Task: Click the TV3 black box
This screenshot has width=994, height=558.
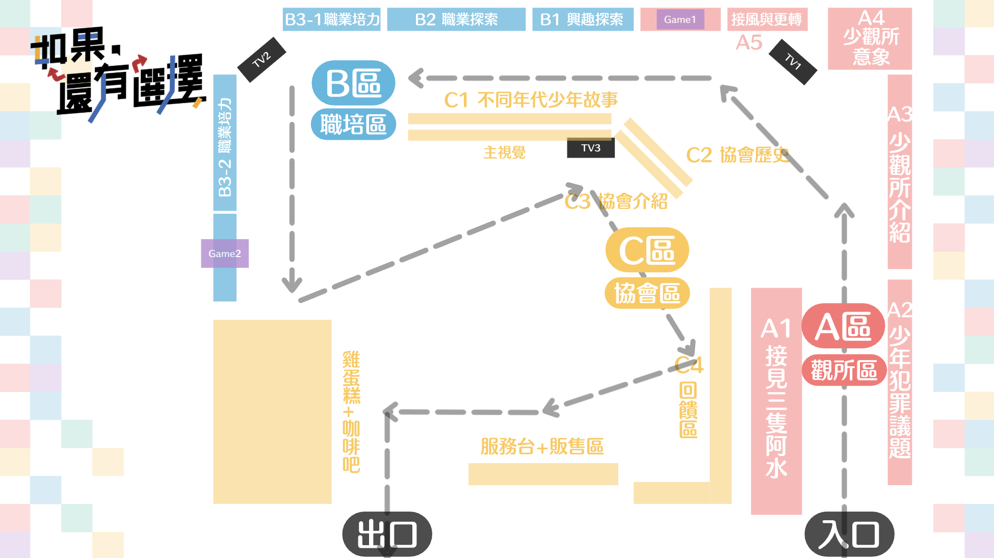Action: tap(590, 148)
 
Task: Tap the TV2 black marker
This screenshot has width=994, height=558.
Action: tap(261, 60)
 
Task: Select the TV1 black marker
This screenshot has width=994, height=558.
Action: tap(793, 62)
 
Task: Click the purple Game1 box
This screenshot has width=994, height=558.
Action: tap(680, 19)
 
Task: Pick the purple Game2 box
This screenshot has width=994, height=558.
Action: tap(224, 253)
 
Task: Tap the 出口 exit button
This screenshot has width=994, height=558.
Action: tap(387, 534)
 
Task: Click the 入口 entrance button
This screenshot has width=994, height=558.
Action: tap(849, 534)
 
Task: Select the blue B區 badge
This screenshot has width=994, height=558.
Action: tap(353, 83)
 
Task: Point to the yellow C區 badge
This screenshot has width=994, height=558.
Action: tap(647, 250)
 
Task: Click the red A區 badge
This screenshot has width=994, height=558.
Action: tap(843, 326)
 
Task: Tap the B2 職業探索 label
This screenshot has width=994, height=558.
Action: tap(456, 19)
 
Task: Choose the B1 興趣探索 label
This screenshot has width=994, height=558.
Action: tap(582, 19)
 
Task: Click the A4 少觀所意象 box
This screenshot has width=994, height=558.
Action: tap(870, 38)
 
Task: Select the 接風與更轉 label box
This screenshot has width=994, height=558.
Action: tap(767, 19)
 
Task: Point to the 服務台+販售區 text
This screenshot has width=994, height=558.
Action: tap(542, 447)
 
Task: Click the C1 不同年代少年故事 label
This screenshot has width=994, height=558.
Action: tap(531, 99)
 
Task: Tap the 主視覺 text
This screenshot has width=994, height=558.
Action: tap(504, 152)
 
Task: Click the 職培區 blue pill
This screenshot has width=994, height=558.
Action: tap(353, 124)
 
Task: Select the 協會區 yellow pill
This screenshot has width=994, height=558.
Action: tap(647, 293)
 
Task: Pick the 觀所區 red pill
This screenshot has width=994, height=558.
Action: tap(844, 370)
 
